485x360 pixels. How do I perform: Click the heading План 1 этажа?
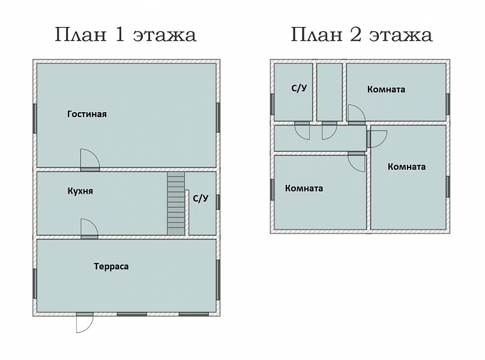click(125, 35)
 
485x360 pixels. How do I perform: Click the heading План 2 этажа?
click(361, 35)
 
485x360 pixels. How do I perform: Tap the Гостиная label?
click(87, 114)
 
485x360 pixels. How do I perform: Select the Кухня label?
click(80, 191)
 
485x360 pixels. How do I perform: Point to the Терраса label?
click(112, 266)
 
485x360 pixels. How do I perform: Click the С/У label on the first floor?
click(200, 198)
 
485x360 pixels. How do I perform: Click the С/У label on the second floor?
click(299, 88)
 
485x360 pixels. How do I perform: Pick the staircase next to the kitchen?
click(176, 203)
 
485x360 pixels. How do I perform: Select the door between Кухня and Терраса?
click(89, 229)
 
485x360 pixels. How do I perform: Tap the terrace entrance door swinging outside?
click(85, 323)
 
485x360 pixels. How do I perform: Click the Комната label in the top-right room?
click(387, 89)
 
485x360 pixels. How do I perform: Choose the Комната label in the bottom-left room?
click(304, 188)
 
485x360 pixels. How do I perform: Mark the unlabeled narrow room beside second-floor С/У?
click(330, 92)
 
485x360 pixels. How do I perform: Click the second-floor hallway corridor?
click(320, 138)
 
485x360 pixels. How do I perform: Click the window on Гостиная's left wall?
click(35, 118)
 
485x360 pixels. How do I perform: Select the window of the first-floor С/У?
click(218, 202)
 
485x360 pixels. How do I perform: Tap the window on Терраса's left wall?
click(35, 284)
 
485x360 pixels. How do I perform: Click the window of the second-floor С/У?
click(272, 104)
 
